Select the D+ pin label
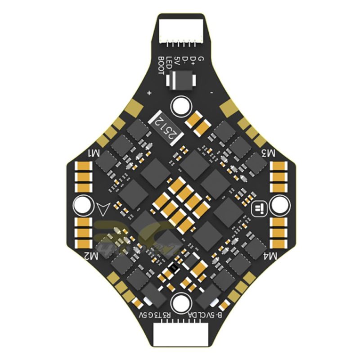pyautogui.click(x=193, y=60)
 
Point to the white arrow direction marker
pyautogui.click(x=103, y=208)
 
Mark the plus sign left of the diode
pyautogui.click(x=149, y=93)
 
